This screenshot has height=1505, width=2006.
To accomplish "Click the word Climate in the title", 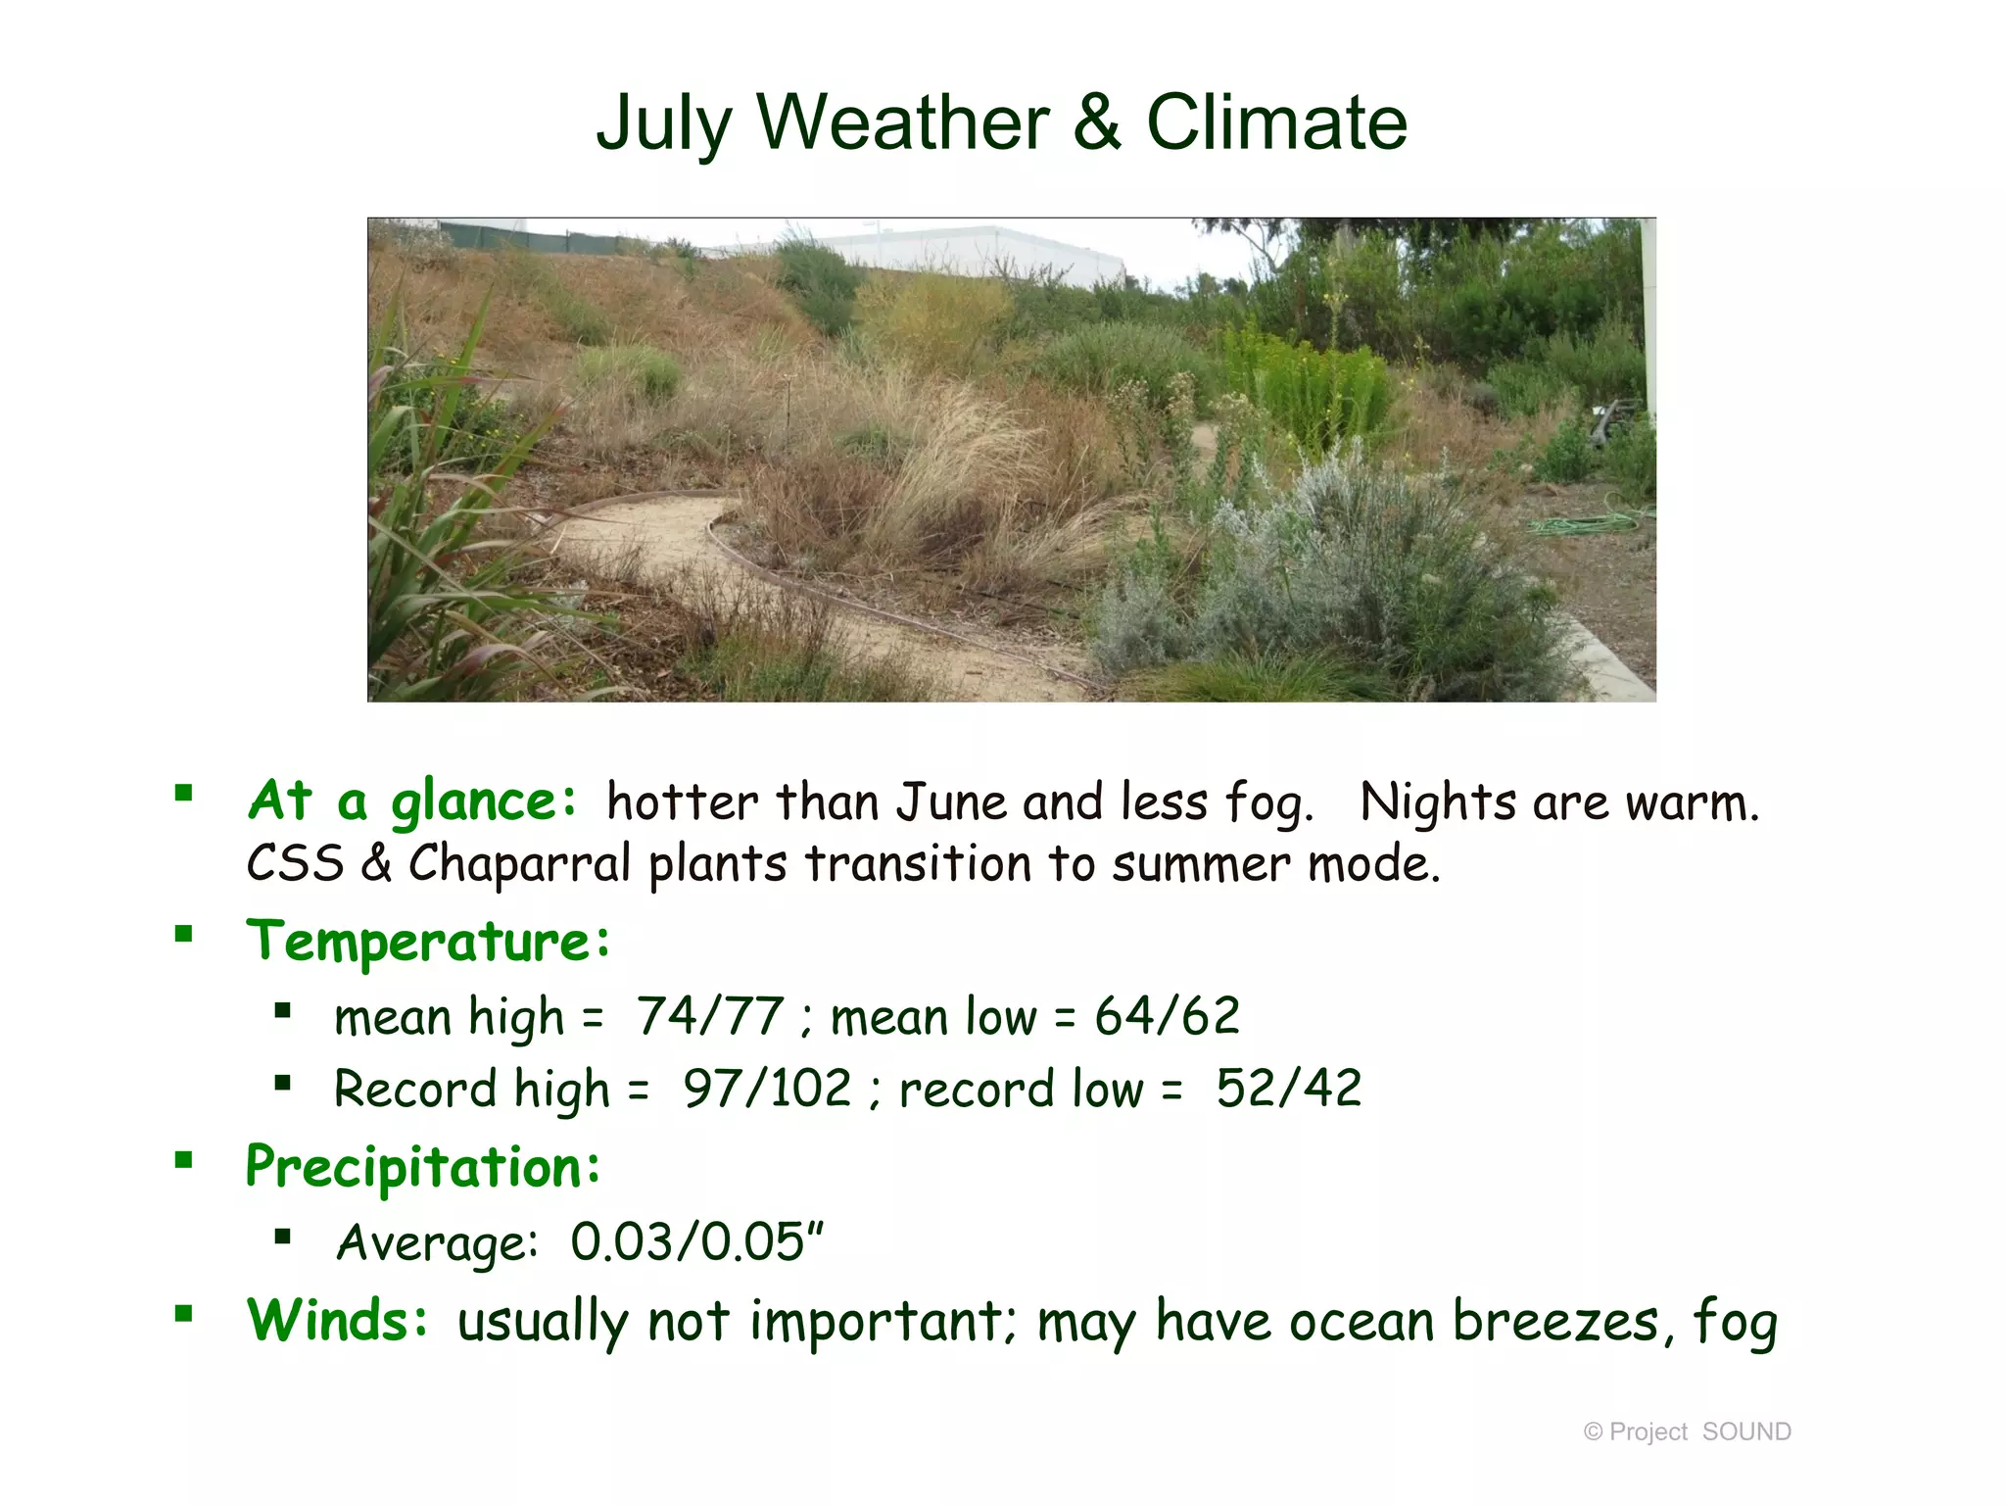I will click(x=1276, y=122).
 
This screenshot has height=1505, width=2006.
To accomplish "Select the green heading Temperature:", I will click(x=428, y=942).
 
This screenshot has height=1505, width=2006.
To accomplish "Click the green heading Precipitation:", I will click(x=423, y=1167).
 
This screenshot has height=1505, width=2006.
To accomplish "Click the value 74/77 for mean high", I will click(x=710, y=1016).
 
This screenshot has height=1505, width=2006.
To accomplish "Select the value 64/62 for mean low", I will click(x=1167, y=1016).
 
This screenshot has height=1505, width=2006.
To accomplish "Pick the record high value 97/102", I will click(x=767, y=1089).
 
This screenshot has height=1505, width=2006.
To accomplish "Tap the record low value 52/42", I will click(x=1288, y=1089).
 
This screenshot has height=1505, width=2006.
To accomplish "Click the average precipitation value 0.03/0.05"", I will click(x=696, y=1242).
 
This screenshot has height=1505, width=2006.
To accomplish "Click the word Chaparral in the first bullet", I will click(x=518, y=864).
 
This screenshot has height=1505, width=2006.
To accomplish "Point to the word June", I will click(x=952, y=802).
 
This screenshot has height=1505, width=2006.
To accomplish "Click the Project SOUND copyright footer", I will click(x=1687, y=1432).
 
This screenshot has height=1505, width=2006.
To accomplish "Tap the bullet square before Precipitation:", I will click(x=183, y=1161).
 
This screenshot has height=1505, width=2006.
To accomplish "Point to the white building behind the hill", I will click(x=970, y=250).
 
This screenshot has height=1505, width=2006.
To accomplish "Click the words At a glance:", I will click(x=412, y=801).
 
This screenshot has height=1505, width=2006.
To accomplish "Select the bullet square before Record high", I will click(x=283, y=1083).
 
